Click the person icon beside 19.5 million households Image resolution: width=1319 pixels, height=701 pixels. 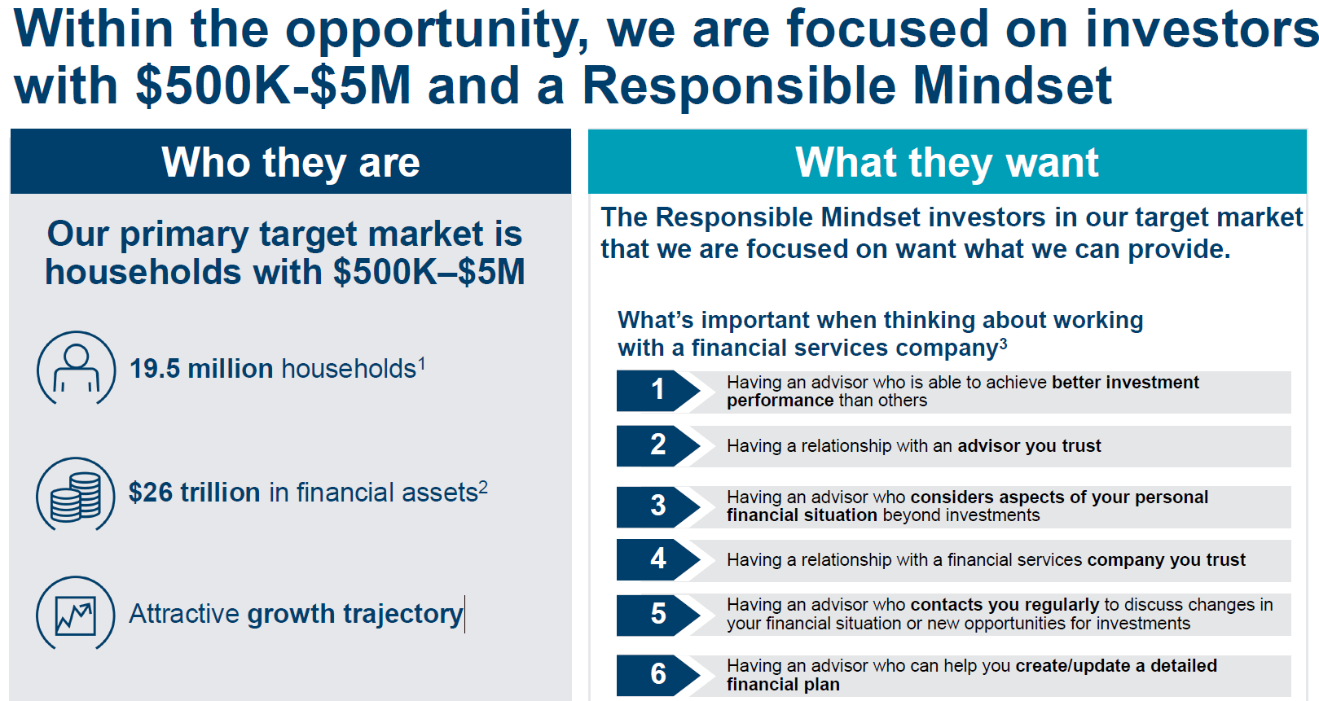(77, 368)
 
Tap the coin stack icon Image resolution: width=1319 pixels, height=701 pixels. (76, 493)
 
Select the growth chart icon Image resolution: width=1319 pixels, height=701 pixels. (76, 614)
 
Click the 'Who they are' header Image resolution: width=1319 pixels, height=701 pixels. (291, 162)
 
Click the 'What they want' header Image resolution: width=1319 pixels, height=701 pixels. (947, 162)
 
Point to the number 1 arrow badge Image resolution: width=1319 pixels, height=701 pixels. (657, 391)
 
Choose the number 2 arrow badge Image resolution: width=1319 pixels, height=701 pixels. (657, 445)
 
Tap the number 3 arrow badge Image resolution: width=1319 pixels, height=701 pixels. (657, 506)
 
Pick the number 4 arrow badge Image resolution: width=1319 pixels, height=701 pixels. (657, 559)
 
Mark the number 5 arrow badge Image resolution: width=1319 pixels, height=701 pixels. (657, 615)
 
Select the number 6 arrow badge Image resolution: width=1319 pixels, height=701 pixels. (657, 675)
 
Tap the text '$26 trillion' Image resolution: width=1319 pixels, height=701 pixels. (194, 493)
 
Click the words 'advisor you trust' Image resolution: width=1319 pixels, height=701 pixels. (1029, 446)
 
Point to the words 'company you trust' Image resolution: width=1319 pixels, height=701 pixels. (1166, 560)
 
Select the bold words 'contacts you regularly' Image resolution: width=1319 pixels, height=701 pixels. (1005, 605)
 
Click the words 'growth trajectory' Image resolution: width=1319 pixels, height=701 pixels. (354, 614)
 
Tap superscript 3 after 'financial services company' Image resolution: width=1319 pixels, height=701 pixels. (1004, 344)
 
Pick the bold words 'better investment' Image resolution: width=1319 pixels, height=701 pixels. (1125, 383)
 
